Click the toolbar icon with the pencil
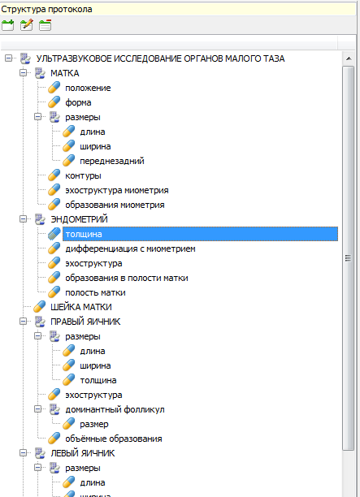pyautogui.click(x=27, y=24)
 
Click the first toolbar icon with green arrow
pyautogui.click(x=8, y=25)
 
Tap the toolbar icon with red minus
pyautogui.click(x=46, y=25)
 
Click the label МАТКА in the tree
pyautogui.click(x=65, y=73)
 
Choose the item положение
pyautogui.click(x=88, y=88)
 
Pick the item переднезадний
pyautogui.click(x=112, y=161)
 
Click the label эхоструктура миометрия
pyautogui.click(x=117, y=190)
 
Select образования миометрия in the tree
pyautogui.click(x=115, y=205)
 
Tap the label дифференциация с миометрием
pyautogui.click(x=130, y=248)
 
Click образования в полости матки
pyautogui.click(x=127, y=278)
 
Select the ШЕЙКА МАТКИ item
pyautogui.click(x=81, y=307)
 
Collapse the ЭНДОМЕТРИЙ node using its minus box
pyautogui.click(x=23, y=219)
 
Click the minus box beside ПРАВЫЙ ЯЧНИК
pyautogui.click(x=23, y=322)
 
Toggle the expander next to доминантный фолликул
pyautogui.click(x=37, y=409)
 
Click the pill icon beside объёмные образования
pyautogui.click(x=54, y=439)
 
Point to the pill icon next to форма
pyautogui.click(x=54, y=102)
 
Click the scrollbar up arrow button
pyautogui.click(x=349, y=58)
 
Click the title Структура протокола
pyautogui.click(x=46, y=10)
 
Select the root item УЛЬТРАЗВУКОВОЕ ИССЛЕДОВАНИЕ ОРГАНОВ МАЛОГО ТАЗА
pyautogui.click(x=160, y=58)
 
